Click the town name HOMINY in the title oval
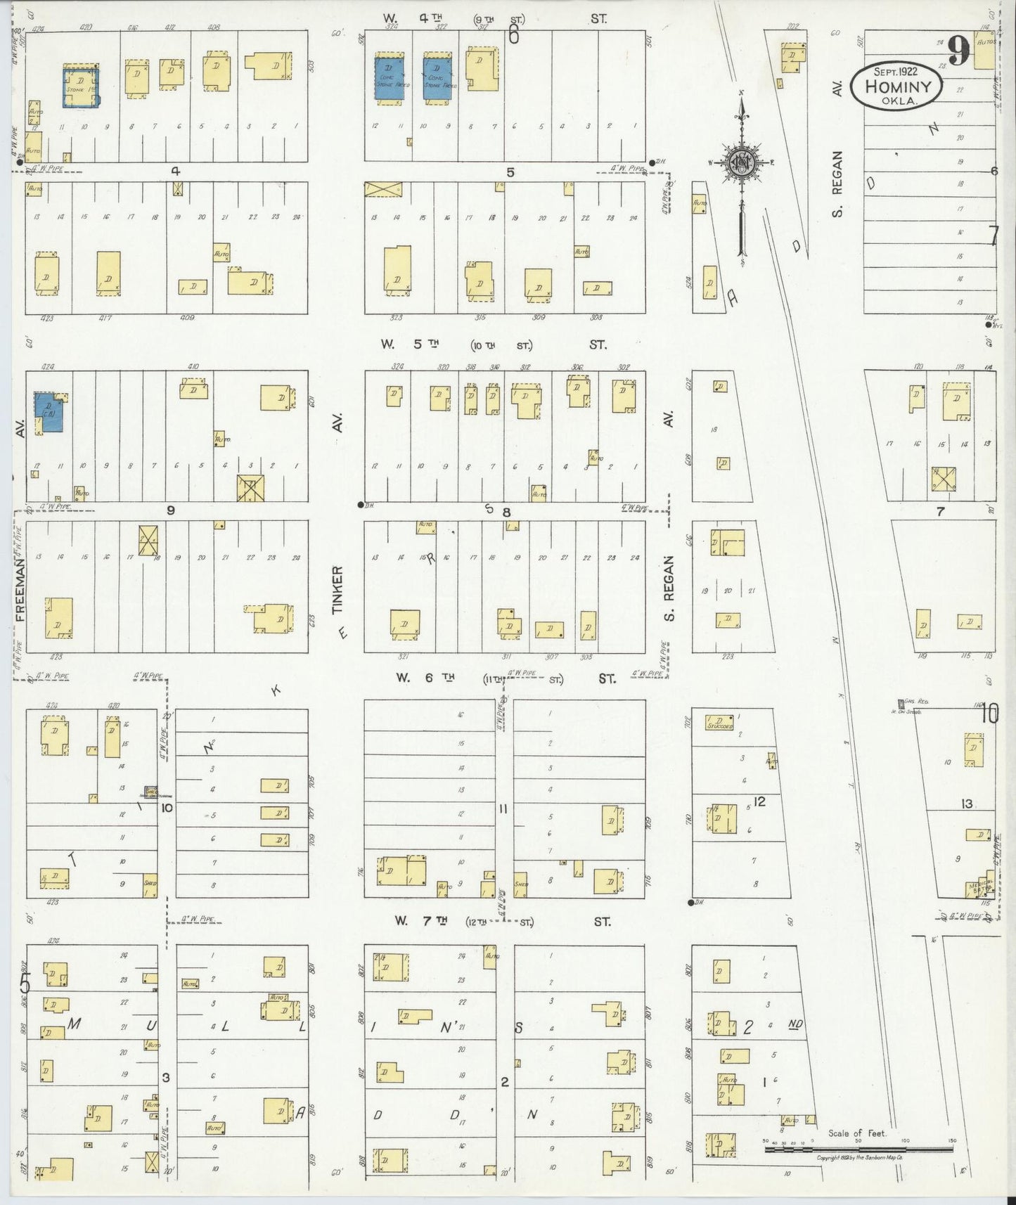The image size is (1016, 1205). click(x=898, y=87)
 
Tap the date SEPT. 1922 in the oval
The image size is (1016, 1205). click(x=897, y=71)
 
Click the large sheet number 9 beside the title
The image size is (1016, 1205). click(x=958, y=50)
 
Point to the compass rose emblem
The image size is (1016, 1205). click(x=742, y=163)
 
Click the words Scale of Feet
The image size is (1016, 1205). click(x=857, y=1133)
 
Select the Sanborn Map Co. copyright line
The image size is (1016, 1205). click(x=860, y=1156)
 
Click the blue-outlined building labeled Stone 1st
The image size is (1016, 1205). click(x=81, y=87)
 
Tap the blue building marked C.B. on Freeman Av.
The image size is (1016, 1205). click(x=49, y=412)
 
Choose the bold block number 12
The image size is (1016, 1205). click(x=759, y=801)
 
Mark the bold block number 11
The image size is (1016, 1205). click(x=503, y=809)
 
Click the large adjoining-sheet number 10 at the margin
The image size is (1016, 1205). click(x=989, y=714)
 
